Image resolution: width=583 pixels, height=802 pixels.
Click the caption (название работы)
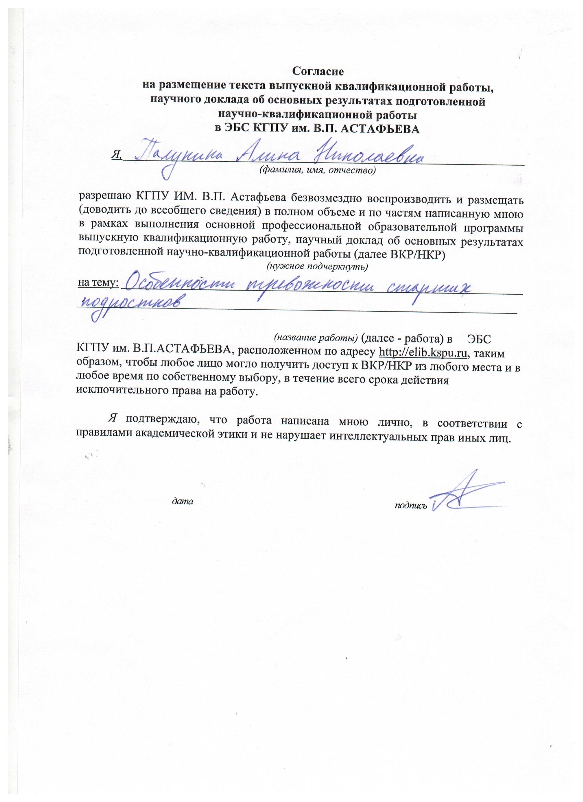coord(317,337)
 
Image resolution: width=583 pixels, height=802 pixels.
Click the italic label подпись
coord(411,505)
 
